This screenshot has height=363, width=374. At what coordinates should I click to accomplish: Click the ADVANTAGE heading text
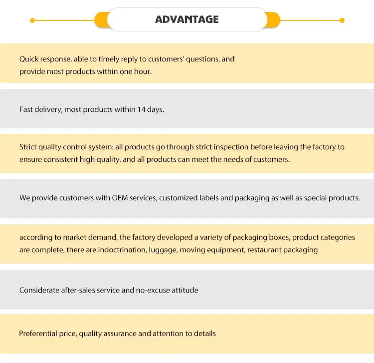(187, 19)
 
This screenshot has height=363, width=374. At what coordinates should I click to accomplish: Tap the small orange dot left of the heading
(32, 20)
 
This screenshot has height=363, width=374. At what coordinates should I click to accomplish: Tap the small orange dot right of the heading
(342, 20)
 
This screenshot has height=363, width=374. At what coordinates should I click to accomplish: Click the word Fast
(26, 109)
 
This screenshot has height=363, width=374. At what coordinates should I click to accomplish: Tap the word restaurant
(267, 250)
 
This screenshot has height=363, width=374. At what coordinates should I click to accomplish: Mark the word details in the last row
(204, 333)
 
